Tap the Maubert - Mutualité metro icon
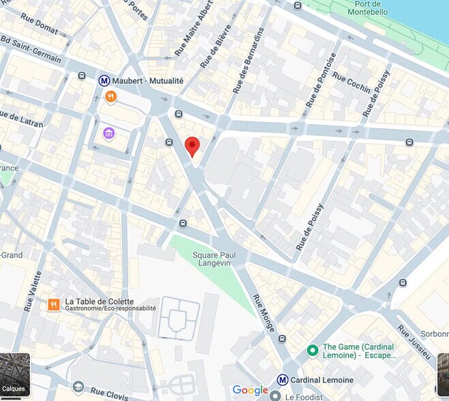tap(105, 80)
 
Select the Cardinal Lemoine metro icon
tap(282, 380)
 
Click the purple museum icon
tap(108, 132)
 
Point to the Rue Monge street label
tap(264, 318)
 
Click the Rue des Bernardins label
tap(248, 61)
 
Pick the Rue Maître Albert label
tap(193, 27)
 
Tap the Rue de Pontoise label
tap(321, 80)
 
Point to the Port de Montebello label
tap(367, 8)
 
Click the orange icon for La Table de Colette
tap(54, 304)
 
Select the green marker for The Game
tap(313, 351)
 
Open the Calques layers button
tap(14, 376)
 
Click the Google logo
tap(250, 390)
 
